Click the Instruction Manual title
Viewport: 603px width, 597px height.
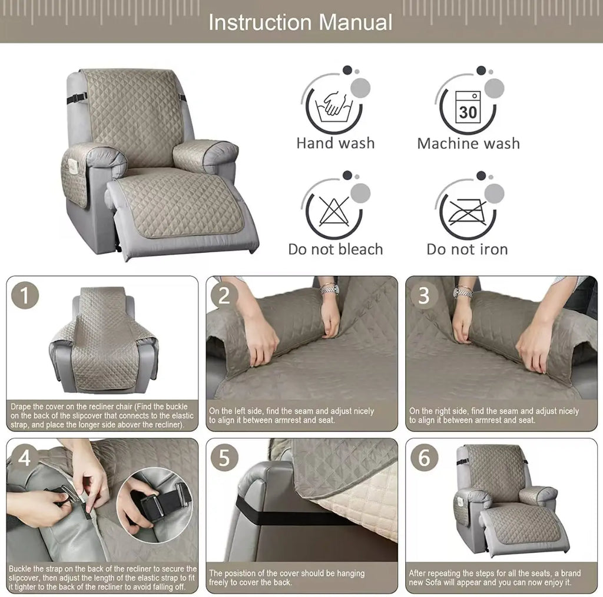coord(300,22)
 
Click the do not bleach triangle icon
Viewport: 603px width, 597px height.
coord(333,210)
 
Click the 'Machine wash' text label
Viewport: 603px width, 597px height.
coord(468,144)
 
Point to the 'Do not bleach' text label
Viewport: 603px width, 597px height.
coord(335,249)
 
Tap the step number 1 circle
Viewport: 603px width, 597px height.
coord(25,295)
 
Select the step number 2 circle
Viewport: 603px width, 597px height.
coord(224,295)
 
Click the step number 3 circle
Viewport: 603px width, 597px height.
coord(423,295)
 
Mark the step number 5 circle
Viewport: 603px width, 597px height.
coord(224,458)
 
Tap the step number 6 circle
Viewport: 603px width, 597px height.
coord(423,458)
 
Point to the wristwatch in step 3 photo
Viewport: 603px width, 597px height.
coord(463,292)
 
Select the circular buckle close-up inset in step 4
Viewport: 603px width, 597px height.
coord(154,504)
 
